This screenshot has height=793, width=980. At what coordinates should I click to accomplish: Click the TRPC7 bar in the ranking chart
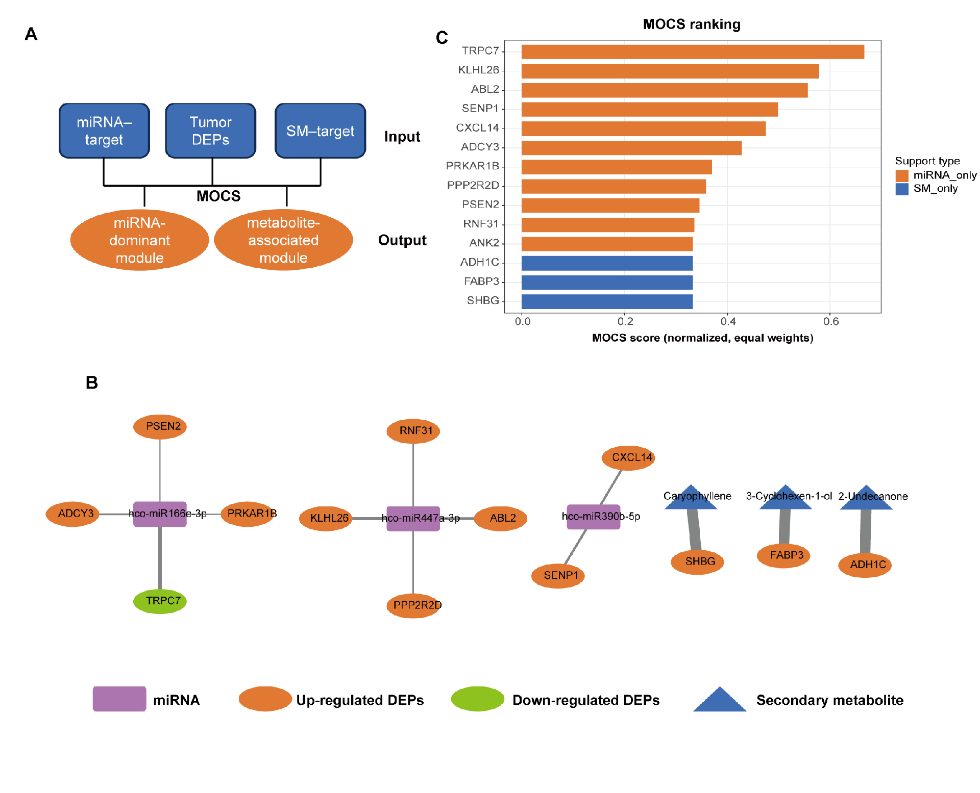coord(693,52)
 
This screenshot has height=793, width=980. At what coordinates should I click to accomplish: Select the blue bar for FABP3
coord(607,282)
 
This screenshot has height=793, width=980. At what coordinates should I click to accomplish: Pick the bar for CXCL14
coord(644,129)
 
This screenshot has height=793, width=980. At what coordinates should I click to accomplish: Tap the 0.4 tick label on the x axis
coord(728,321)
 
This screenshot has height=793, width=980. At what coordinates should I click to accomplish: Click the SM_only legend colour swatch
coord(902,189)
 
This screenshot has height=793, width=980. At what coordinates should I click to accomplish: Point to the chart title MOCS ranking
coord(692,24)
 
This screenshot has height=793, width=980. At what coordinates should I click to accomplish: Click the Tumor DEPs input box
coord(211,131)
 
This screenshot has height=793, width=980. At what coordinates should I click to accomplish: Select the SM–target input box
coord(321,131)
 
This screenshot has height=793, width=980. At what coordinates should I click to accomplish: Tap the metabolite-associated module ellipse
coord(283,240)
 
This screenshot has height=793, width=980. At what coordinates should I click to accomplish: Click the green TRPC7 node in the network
coord(160,601)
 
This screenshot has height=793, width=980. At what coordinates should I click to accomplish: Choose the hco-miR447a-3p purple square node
coord(413,519)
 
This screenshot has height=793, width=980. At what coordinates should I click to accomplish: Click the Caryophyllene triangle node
coord(691,497)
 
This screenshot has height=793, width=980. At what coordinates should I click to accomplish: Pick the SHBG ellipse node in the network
coord(697,561)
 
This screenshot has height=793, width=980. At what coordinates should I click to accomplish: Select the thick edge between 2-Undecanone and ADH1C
coord(866,531)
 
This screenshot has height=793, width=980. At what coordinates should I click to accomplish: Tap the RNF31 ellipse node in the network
coord(413,431)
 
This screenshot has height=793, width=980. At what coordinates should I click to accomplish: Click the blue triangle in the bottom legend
coord(720,699)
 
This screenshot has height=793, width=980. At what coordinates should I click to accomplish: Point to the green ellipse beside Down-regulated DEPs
coord(478,699)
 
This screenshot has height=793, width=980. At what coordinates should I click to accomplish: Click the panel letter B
coord(92,382)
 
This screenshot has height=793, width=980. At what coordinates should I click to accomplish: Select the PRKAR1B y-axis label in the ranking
coord(473,166)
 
